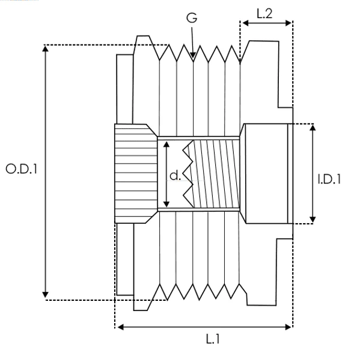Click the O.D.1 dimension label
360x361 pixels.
click(x=21, y=168)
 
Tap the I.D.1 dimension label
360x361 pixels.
click(x=329, y=179)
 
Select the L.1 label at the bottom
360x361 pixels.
click(x=213, y=339)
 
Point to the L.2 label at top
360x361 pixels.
click(x=264, y=14)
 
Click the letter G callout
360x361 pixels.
click(x=192, y=18)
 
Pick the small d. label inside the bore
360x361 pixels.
click(x=175, y=176)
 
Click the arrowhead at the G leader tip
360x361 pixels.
click(x=193, y=55)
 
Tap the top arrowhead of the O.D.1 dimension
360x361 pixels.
click(x=46, y=48)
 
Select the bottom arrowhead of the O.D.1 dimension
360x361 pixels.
click(x=45, y=295)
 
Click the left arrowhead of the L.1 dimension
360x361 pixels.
click(x=121, y=327)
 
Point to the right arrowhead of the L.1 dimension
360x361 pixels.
click(x=288, y=327)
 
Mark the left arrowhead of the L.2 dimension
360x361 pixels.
click(x=246, y=23)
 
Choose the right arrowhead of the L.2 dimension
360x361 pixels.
click(x=288, y=23)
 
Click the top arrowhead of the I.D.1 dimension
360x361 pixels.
click(x=313, y=128)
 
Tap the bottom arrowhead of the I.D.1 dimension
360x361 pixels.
click(x=313, y=220)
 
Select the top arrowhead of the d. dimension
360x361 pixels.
click(x=166, y=144)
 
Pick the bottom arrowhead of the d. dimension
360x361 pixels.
click(x=166, y=204)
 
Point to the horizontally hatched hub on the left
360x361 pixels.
click(x=136, y=174)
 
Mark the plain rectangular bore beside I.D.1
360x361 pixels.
click(x=266, y=174)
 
